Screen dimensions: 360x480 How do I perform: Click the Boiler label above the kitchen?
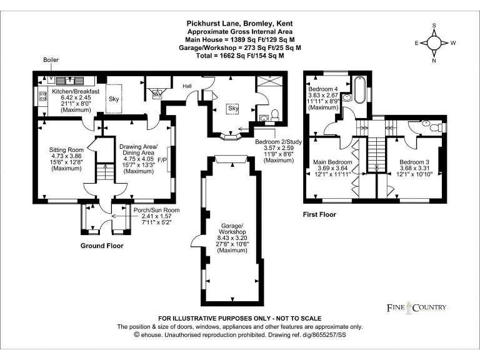(x=51, y=60)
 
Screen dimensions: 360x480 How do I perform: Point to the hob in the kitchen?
(x=42, y=96)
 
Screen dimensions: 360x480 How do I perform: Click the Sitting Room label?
(x=66, y=150)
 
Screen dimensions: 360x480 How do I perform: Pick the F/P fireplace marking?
(x=161, y=159)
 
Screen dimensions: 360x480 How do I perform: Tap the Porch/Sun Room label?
(x=156, y=210)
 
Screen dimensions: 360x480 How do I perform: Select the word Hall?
(x=187, y=86)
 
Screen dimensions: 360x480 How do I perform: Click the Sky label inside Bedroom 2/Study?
(x=233, y=108)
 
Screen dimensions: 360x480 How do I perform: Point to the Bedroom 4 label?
(x=322, y=89)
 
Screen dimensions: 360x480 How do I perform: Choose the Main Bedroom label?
(x=332, y=162)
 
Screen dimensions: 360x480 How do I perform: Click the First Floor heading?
(x=319, y=214)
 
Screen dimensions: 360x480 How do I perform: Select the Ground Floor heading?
(x=102, y=246)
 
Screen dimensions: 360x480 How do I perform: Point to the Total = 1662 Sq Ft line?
(x=239, y=55)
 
